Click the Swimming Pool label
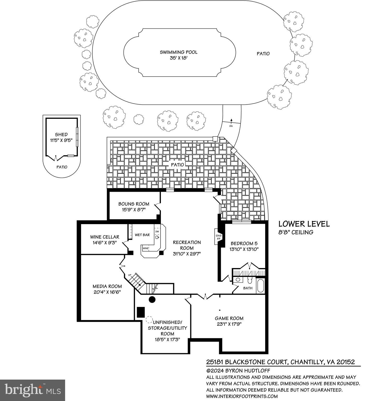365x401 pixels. (x=179, y=52)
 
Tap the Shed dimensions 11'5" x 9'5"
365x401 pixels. (x=61, y=140)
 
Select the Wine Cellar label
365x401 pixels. (x=105, y=237)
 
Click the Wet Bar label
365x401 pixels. (x=142, y=235)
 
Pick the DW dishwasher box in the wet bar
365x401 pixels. (x=157, y=232)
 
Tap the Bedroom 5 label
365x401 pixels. (x=242, y=243)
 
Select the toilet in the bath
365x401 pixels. (x=249, y=281)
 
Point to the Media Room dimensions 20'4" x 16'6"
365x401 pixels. (x=107, y=292)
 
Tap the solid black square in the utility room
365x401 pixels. (x=141, y=312)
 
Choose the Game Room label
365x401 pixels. (x=229, y=318)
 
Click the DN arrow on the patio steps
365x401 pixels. (x=231, y=120)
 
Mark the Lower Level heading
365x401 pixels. (x=304, y=224)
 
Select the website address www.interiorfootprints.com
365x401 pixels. (x=242, y=396)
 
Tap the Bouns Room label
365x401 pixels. (x=134, y=204)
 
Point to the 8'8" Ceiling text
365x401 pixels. (x=296, y=232)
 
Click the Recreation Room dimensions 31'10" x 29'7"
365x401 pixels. (x=187, y=253)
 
